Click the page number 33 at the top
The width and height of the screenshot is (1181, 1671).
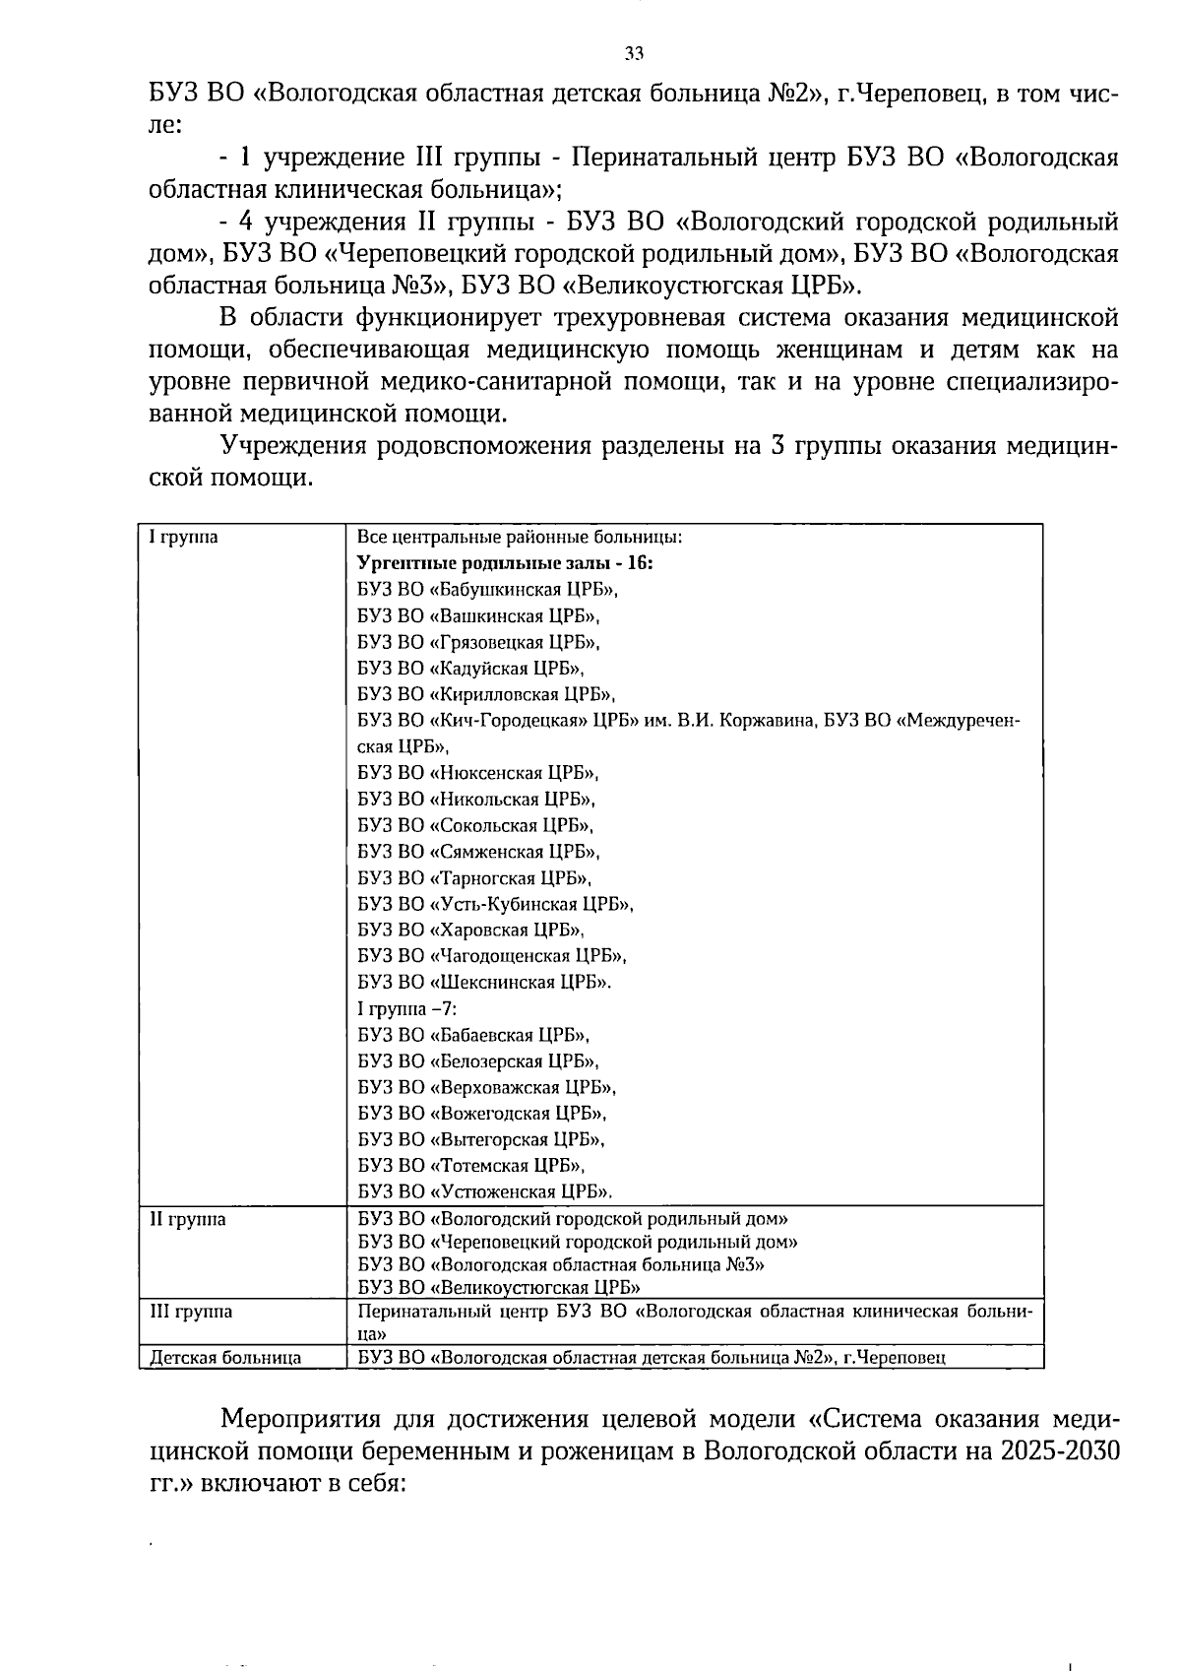(x=634, y=53)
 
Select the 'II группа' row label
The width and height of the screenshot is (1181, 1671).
(x=187, y=1219)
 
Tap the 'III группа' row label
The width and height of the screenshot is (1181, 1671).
(x=190, y=1311)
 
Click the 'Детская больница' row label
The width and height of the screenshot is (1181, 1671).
(x=225, y=1358)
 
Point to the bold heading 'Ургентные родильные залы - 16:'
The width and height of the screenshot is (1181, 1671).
(x=505, y=563)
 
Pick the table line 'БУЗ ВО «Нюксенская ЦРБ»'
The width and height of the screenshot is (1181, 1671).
(x=477, y=773)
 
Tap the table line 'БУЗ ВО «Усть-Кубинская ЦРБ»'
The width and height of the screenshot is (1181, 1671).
(x=494, y=904)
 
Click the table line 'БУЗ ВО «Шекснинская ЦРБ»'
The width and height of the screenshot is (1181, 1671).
(x=483, y=982)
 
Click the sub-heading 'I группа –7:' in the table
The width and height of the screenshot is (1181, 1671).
(x=406, y=1008)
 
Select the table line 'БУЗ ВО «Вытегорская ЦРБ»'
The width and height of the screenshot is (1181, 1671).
(x=480, y=1139)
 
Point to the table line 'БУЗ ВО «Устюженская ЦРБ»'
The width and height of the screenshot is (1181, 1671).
(x=484, y=1191)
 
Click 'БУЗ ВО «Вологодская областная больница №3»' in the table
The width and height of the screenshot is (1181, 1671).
(x=561, y=1264)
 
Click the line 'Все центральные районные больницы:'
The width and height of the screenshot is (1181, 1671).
(x=520, y=538)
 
